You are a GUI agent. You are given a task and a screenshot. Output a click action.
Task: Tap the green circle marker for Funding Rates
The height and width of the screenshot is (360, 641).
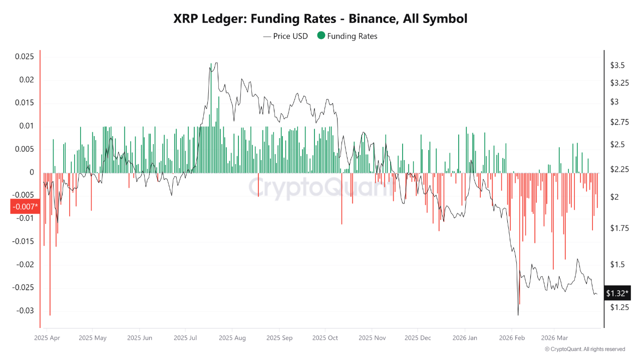[321, 36]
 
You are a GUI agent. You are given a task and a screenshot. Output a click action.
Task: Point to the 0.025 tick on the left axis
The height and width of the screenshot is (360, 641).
[24, 56]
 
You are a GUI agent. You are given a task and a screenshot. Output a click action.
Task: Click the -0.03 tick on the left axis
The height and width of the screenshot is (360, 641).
[24, 310]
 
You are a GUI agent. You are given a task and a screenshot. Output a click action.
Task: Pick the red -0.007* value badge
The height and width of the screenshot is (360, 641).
[25, 206]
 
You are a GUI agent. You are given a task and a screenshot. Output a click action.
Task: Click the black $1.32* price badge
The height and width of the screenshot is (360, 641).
[617, 293]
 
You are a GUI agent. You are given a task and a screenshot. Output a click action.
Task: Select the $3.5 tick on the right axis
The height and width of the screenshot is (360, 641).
[617, 65]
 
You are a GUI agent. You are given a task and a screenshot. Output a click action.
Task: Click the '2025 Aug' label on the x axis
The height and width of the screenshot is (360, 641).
[232, 338]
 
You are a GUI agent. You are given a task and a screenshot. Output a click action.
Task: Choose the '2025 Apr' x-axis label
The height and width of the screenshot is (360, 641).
[47, 338]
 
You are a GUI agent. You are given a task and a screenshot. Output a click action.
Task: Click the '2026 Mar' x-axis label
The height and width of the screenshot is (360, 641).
[554, 338]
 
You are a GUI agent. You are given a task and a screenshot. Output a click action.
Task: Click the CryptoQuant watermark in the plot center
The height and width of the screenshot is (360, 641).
[320, 188]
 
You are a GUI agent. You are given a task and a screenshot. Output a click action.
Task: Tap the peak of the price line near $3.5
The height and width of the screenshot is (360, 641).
[215, 63]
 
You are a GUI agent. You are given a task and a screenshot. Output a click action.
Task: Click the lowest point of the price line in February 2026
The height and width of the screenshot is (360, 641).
[518, 315]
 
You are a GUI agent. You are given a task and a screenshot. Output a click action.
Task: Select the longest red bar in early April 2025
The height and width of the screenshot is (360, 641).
[50, 315]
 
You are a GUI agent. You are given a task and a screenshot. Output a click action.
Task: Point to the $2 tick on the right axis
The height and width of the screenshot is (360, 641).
[614, 197]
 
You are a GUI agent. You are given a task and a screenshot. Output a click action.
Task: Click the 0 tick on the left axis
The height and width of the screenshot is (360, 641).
[32, 172]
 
